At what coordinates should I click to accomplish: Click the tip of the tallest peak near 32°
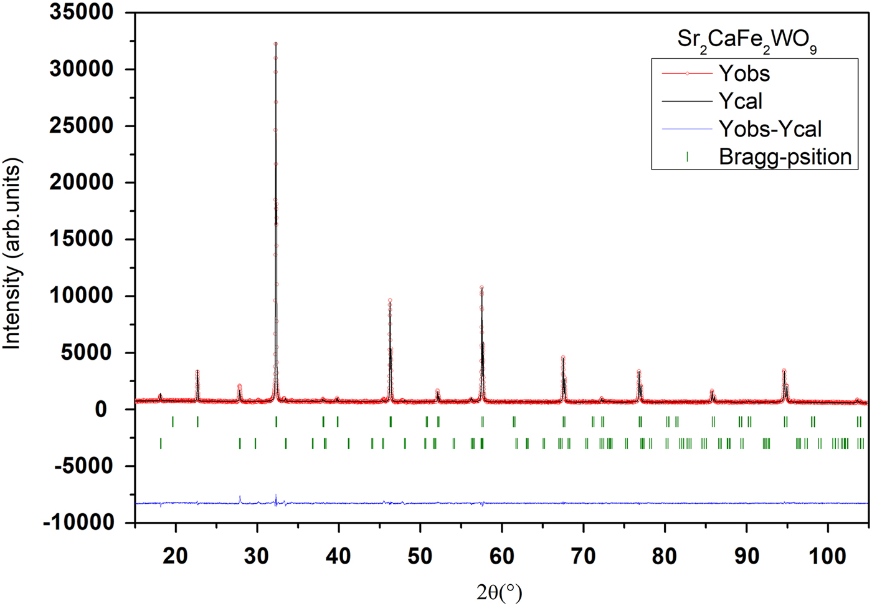coord(276,43)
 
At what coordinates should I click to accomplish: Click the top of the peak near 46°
coord(390,301)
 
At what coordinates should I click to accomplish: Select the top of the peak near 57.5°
coord(481,287)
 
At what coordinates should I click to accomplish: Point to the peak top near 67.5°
coord(563,358)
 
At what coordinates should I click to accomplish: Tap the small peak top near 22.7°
coord(197,371)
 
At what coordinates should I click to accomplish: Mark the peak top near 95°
coord(784,370)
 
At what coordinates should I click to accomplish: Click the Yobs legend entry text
coord(744,74)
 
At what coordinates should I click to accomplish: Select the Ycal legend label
coord(741,101)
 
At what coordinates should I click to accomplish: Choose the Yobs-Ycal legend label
coord(770,129)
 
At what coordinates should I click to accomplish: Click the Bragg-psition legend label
coord(785,156)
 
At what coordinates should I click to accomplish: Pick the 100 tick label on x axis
coord(828,555)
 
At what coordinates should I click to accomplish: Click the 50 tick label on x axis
coord(420,555)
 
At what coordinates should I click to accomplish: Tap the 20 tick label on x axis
coord(176,555)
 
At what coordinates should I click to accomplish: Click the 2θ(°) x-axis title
coord(500,592)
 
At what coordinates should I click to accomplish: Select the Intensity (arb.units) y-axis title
coord(12,253)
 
